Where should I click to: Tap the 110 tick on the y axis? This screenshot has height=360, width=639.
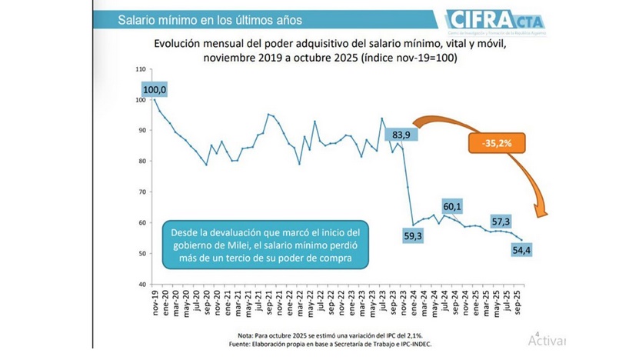point(140,70)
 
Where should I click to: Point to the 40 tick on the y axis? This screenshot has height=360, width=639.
point(141,285)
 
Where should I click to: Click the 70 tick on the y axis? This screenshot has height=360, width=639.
point(141,192)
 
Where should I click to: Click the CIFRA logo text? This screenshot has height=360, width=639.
point(471,17)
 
